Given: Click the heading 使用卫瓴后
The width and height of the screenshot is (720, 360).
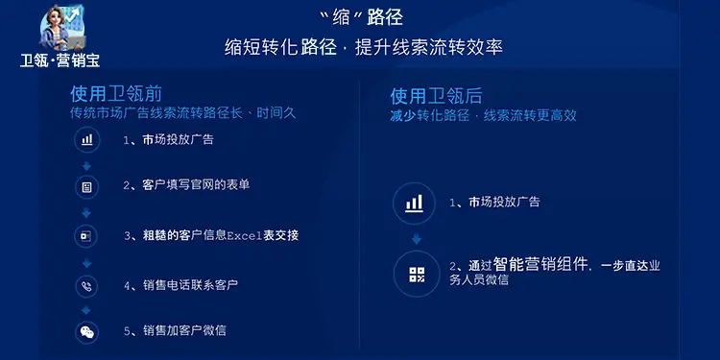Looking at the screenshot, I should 436,96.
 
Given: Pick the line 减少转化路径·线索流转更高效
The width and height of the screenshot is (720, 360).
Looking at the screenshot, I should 483,115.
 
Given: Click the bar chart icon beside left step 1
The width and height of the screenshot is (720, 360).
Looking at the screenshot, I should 87,140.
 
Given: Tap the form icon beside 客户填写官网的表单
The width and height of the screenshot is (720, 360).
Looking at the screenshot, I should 87,186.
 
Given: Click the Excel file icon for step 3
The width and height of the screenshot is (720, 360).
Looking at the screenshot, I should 87,236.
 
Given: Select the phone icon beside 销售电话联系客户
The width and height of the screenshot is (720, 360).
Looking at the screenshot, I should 87,285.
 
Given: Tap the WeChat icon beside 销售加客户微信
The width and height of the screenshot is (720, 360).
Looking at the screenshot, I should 87,332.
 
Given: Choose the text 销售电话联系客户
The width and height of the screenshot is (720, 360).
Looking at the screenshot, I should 190,285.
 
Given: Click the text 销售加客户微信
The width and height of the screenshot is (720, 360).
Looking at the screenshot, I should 184,331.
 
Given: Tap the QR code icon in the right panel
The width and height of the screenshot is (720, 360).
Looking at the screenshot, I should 416,274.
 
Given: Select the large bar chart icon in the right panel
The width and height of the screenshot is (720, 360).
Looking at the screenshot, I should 415,203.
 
